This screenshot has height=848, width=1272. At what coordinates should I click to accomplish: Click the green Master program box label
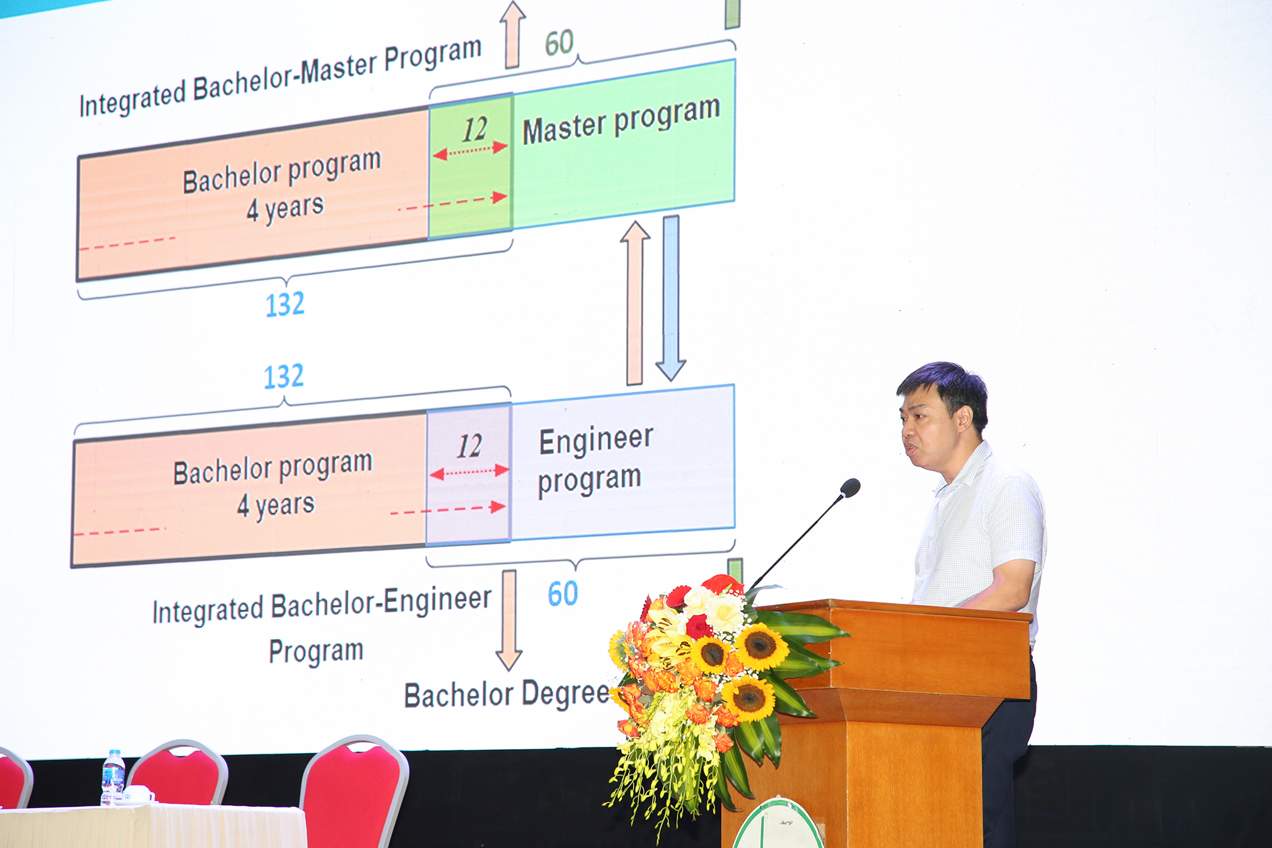(x=621, y=120)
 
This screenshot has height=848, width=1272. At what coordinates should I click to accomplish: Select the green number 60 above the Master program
(x=559, y=43)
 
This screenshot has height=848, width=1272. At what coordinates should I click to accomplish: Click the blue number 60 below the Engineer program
(x=563, y=593)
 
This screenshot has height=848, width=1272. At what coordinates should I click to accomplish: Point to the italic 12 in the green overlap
(x=475, y=129)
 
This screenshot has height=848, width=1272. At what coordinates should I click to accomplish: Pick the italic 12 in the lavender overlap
(x=470, y=446)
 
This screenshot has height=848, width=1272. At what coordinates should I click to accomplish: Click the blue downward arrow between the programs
(x=671, y=298)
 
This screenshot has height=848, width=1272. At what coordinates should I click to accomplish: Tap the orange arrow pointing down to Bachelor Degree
(x=509, y=619)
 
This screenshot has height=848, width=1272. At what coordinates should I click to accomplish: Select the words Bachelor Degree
(x=507, y=694)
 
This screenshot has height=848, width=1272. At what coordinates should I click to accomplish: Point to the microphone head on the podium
(x=850, y=488)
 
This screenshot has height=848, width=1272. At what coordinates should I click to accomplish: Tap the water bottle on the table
(x=112, y=777)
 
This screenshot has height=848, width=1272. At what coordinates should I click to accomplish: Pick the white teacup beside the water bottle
(x=138, y=795)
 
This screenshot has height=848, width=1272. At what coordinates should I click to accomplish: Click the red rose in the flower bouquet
(x=699, y=626)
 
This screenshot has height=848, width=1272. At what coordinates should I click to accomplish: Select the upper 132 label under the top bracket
(x=285, y=304)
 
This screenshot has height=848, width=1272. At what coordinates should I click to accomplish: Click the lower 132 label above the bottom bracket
(x=284, y=376)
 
